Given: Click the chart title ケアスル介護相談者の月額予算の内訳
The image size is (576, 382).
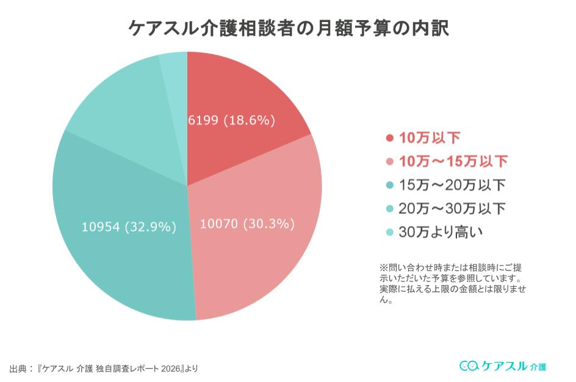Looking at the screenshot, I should click(288, 27).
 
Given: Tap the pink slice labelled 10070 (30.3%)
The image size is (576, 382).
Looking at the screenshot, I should click(256, 256).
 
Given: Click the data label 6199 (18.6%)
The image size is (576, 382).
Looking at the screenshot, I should click(232, 120).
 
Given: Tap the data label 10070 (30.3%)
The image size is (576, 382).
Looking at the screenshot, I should click(248, 224).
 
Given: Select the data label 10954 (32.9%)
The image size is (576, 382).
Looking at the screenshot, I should click(129, 227).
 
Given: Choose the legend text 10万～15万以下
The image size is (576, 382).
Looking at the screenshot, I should click(453, 161).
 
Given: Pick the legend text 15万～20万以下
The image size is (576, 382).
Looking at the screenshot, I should click(452, 185).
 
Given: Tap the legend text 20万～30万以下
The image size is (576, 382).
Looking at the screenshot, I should click(452, 208).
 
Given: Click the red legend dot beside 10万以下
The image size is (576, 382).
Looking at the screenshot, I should click(389, 138).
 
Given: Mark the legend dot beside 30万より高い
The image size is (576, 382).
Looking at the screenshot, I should click(389, 232).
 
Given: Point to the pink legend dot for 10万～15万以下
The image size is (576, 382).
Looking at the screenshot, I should click(389, 161).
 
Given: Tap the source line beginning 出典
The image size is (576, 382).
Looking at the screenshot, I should click(104, 368).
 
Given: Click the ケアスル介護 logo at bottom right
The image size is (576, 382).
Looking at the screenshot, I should click(503, 366).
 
